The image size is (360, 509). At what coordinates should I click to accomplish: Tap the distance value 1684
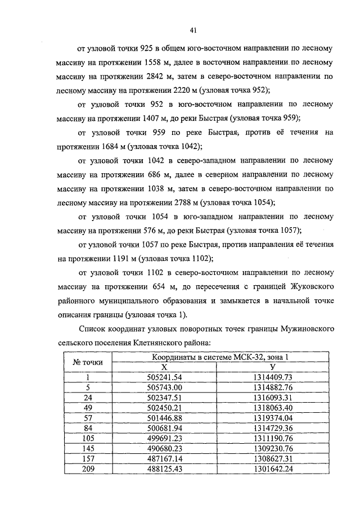[x=114, y=146]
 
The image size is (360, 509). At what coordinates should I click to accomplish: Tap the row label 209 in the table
[x=87, y=467]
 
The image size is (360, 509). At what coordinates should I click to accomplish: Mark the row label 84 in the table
[x=87, y=427]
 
